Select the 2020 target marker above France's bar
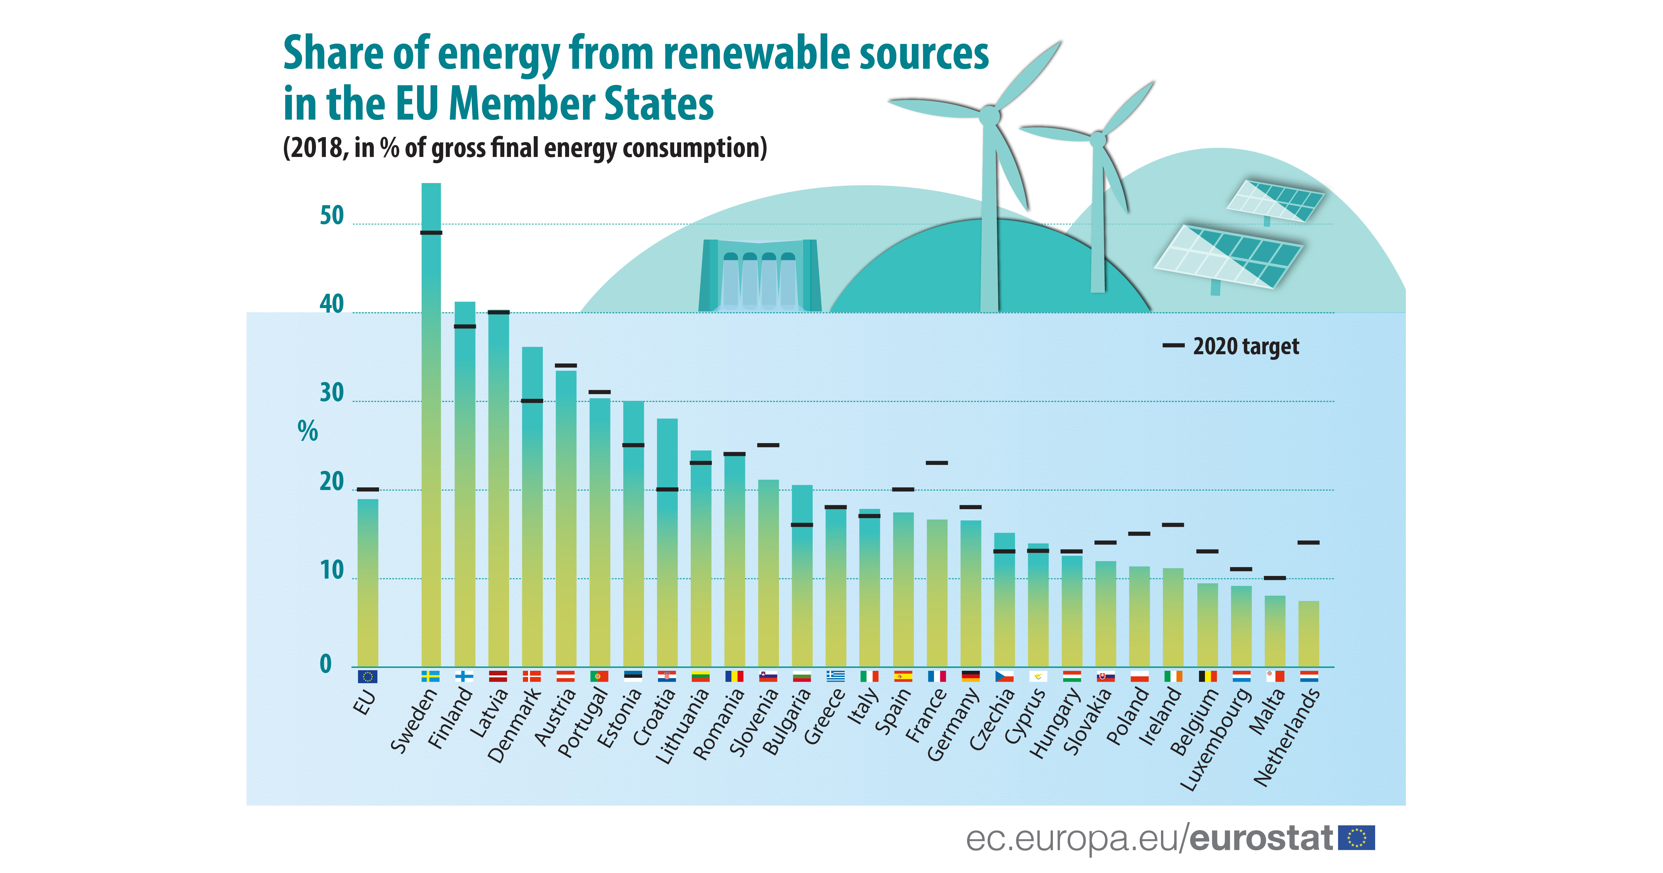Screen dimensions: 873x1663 pos(937,463)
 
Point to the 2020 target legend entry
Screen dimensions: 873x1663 pos(1232,347)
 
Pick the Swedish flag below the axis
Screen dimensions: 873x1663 pos(431,676)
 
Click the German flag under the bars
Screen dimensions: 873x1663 pos(970,676)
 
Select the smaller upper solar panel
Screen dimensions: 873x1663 pos(1275,201)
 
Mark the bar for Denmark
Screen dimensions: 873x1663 pos(532,507)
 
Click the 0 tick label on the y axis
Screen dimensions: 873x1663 pos(326,664)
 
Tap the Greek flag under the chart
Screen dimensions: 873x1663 pos(835,676)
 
